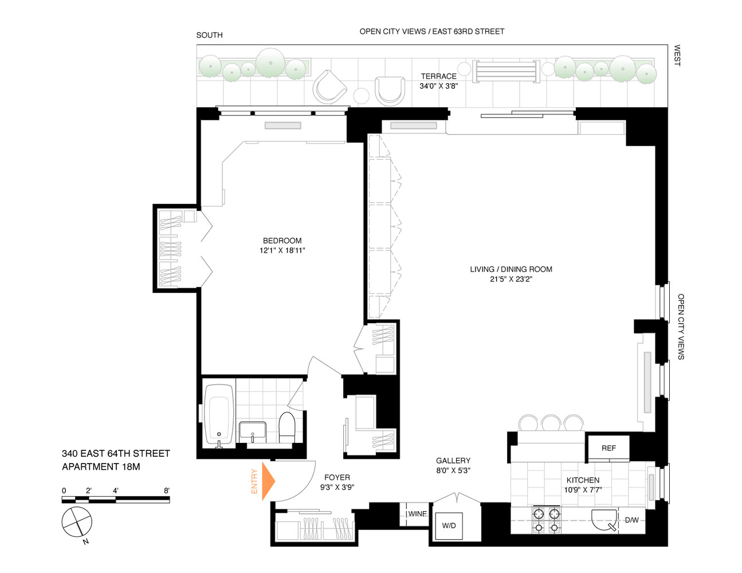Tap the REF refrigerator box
coord(608,448)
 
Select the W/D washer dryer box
coord(449,525)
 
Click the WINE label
coord(417,513)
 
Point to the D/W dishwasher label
coord(631,520)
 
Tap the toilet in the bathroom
coord(286,427)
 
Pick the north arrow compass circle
coord(77,522)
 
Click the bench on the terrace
coord(507,72)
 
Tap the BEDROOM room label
coord(282,241)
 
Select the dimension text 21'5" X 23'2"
coord(511,279)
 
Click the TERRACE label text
coord(438,76)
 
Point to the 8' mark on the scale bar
coord(167,490)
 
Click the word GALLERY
coord(453,461)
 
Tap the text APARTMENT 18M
coord(101,466)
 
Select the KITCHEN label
coord(583,480)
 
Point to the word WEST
coord(677,56)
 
